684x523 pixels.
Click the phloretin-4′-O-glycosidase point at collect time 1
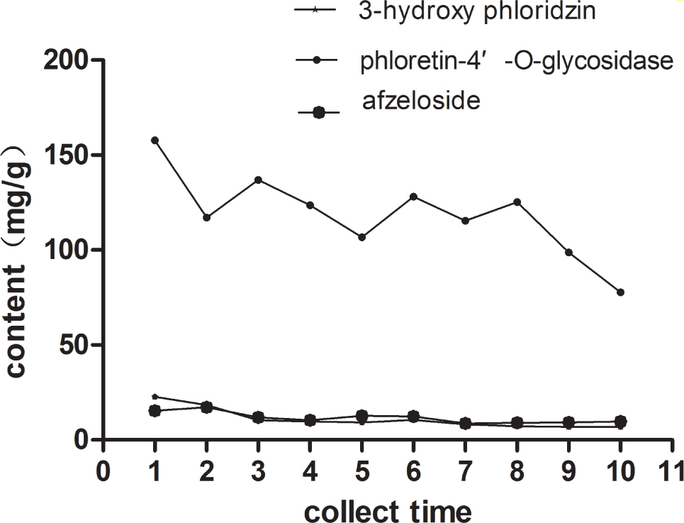tap(155, 140)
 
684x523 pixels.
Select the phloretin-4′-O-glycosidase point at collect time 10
tap(620, 292)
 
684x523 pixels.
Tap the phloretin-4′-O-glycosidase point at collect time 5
tap(361, 237)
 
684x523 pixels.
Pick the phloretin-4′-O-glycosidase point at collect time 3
tap(258, 180)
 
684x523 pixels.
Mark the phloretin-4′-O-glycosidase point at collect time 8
tap(517, 202)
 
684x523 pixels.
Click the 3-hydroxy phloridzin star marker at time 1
tap(155, 397)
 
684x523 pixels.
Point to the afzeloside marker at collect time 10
tap(620, 422)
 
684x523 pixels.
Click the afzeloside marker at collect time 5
tap(361, 416)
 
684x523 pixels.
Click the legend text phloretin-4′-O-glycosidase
tap(515, 61)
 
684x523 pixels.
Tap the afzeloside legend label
tap(421, 101)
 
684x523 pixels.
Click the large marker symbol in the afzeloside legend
tap(319, 112)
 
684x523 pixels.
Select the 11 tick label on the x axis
tap(671, 470)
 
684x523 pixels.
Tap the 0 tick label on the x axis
tap(103, 470)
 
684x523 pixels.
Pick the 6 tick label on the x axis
tap(413, 470)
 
